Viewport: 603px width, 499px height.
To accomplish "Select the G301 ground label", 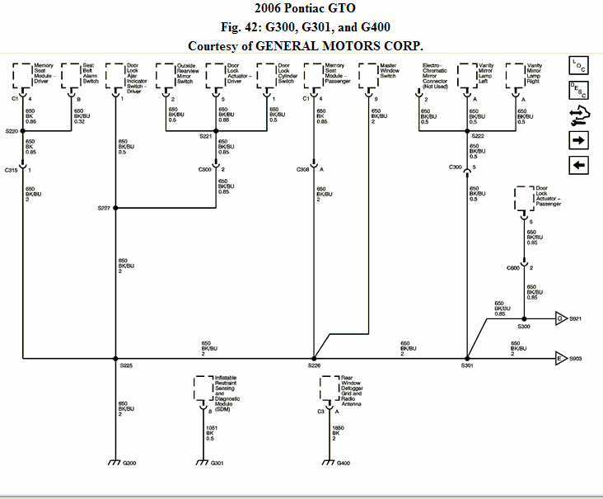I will click(217, 463).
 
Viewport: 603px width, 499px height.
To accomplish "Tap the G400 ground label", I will click(344, 463).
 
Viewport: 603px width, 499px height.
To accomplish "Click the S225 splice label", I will click(126, 365).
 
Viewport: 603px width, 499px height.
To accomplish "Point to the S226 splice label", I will click(314, 365).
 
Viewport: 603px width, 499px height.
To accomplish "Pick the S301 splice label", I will click(467, 365).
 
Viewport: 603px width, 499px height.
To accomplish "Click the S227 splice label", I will click(104, 208).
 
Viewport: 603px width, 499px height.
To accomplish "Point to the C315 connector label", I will click(12, 169).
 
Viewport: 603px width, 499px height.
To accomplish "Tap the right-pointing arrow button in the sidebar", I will click(578, 140).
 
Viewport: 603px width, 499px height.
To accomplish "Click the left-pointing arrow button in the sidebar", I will click(578, 165).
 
